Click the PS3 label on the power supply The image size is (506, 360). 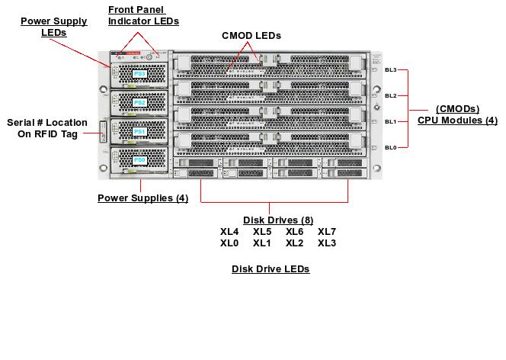click(139, 74)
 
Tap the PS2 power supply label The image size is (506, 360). click(139, 102)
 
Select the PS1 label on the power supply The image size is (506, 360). click(139, 132)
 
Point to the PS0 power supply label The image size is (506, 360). click(139, 161)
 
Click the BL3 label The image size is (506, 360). click(391, 69)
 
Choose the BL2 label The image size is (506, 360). click(391, 95)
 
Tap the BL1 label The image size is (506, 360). click(391, 121)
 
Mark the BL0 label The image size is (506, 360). click(391, 147)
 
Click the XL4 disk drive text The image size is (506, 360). click(229, 232)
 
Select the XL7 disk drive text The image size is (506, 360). click(327, 232)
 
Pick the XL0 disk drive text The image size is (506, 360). click(229, 243)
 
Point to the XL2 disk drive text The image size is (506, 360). click(294, 243)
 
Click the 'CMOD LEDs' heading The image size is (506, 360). click(251, 36)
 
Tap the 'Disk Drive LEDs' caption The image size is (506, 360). click(271, 269)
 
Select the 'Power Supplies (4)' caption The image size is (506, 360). click(143, 199)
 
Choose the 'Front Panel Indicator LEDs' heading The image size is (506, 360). click(143, 15)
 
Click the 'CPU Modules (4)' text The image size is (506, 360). click(457, 121)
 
